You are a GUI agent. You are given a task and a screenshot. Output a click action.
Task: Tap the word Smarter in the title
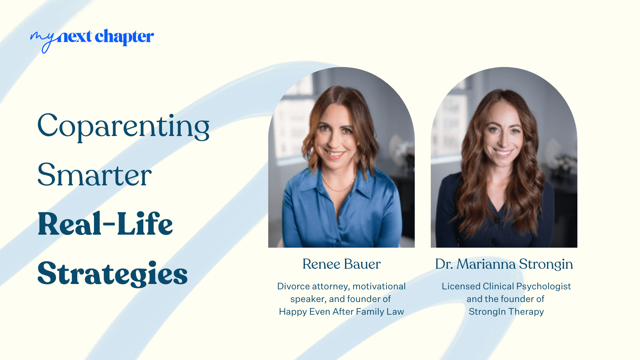pos(95,175)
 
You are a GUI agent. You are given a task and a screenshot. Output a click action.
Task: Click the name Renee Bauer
pos(341,264)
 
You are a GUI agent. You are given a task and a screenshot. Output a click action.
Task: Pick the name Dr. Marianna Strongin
pos(504,264)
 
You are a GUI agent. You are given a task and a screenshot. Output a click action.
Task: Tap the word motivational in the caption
pos(379,286)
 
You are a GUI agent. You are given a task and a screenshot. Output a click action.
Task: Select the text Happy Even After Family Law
pos(341,312)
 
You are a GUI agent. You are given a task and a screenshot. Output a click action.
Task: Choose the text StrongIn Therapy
pos(506,312)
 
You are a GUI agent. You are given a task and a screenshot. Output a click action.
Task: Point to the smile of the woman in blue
pos(335,154)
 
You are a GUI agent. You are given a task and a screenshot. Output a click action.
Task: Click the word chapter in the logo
pos(124,37)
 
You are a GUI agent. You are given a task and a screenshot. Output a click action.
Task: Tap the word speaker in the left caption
pos(308,299)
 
